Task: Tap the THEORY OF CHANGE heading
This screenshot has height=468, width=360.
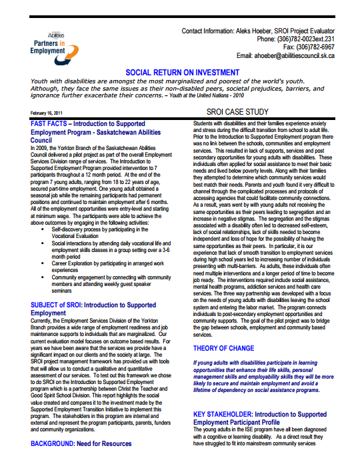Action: click(223, 348)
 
